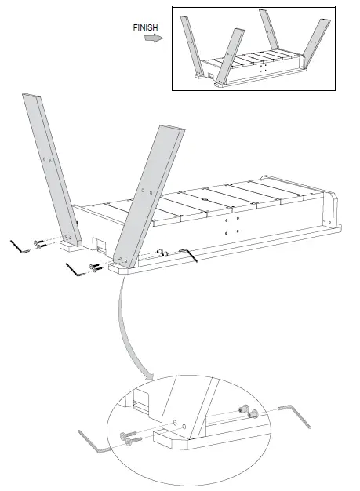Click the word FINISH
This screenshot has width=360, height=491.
[x=147, y=27]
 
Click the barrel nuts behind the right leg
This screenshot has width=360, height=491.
[x=163, y=252]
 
